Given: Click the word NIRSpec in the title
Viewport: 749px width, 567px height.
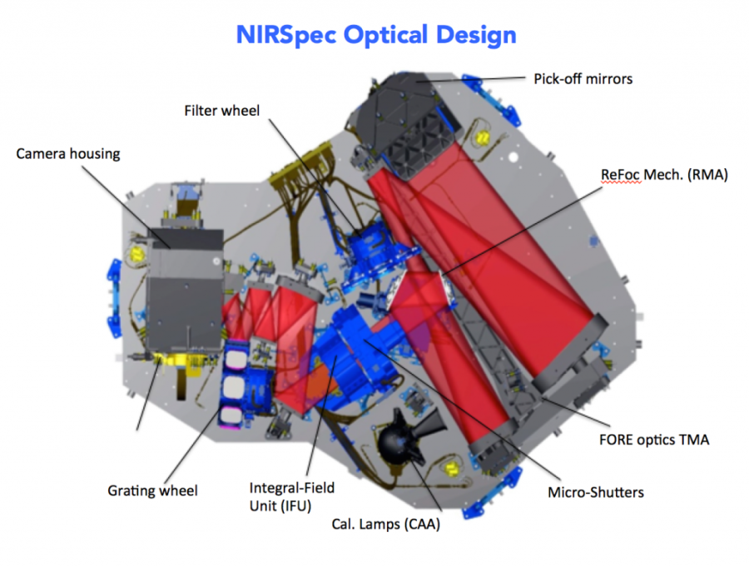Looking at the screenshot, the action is (x=286, y=36).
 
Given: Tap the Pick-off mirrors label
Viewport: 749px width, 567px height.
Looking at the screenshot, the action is (x=583, y=79).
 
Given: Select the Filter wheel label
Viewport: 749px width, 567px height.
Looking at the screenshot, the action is (x=221, y=111).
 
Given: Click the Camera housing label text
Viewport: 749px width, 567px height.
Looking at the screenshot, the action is (x=68, y=154).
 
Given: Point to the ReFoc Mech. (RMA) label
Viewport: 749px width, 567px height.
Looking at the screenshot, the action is (x=664, y=175).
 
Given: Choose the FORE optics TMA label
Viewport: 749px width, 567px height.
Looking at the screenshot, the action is (x=654, y=440).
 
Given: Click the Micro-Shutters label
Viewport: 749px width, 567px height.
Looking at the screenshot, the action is (x=596, y=492).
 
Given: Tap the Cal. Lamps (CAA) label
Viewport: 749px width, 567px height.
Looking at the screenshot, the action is (x=385, y=524).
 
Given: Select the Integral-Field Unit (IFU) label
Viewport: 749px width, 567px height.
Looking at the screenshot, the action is (x=292, y=497).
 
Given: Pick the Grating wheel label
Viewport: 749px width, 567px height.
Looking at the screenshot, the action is (x=152, y=490).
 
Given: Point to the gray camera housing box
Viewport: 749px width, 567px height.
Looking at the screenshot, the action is (x=185, y=289).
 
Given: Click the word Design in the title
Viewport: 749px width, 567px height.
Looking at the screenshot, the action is (x=476, y=36).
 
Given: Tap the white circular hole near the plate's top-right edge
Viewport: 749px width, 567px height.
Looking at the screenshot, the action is (x=513, y=157).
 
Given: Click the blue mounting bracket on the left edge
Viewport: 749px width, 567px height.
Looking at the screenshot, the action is (x=115, y=297).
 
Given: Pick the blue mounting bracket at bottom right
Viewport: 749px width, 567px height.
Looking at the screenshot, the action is (x=492, y=492).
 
